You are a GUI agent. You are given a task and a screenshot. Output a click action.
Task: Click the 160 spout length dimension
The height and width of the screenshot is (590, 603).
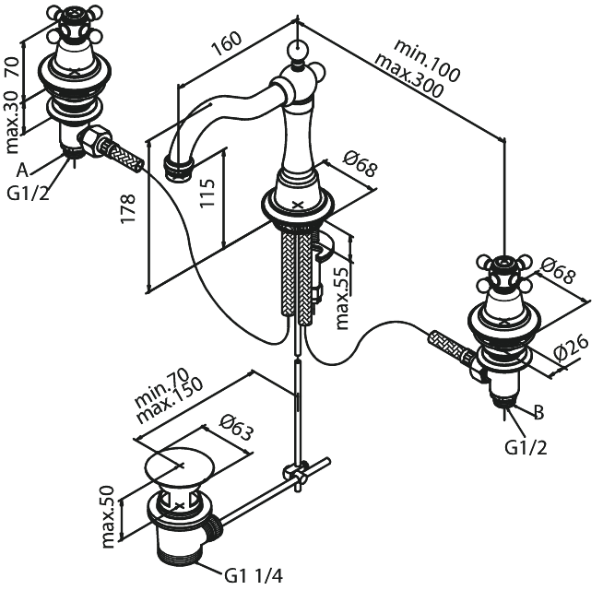227,43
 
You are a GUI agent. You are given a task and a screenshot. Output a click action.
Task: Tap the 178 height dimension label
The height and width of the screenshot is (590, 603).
128,208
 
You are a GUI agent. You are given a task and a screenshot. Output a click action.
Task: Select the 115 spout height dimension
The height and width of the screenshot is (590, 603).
207,193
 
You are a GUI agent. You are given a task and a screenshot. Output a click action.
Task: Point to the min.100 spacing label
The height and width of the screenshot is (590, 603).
427,61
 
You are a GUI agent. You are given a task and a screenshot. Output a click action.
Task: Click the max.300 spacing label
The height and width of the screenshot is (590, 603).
408,76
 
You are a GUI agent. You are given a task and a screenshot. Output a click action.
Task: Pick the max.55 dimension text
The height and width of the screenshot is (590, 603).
342,298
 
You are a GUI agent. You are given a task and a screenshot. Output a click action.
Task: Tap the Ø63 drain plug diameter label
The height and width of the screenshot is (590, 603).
237,428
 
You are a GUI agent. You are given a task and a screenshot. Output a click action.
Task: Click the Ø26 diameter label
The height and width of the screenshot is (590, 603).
572,348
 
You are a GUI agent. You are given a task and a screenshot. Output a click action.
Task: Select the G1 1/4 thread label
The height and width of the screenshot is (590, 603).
254,576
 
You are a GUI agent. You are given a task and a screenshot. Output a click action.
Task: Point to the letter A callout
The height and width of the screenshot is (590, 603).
23,170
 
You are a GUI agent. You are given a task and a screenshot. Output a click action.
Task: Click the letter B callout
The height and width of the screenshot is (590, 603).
539,413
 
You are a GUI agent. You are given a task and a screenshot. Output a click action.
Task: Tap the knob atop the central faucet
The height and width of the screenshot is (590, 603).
297,49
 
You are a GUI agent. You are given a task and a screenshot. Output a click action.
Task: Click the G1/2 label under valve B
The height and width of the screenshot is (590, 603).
526,448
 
